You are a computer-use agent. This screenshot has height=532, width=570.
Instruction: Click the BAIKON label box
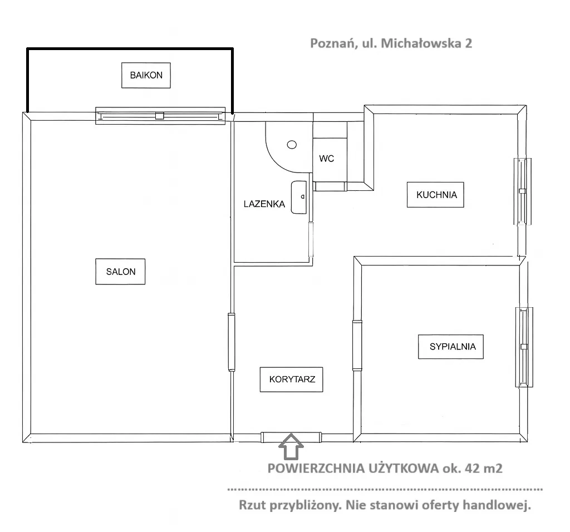[x=146, y=75]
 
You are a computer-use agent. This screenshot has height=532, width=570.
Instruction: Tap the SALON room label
[x=120, y=272]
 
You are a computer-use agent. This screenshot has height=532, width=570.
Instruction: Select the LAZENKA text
[x=264, y=204]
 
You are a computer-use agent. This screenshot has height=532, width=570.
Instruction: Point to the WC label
[x=326, y=159]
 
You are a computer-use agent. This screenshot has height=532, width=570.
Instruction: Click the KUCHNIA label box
[x=435, y=195]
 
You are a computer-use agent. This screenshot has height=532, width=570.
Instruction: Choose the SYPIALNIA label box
[x=451, y=347]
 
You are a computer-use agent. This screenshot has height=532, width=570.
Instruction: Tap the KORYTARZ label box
[x=292, y=380]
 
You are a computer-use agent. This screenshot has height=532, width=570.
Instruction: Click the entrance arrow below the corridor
[x=291, y=446]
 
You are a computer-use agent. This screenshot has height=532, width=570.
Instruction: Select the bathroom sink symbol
[x=299, y=197]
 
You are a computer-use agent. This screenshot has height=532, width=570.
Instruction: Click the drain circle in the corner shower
[x=292, y=145]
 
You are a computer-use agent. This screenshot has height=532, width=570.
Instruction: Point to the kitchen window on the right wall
[x=522, y=191]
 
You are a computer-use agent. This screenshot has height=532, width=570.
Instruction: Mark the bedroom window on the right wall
[x=524, y=347]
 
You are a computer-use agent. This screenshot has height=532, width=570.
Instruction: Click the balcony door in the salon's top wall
[x=160, y=116]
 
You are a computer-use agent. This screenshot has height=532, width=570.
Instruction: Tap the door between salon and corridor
[x=232, y=342]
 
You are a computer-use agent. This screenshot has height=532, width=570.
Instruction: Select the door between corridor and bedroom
[x=357, y=345]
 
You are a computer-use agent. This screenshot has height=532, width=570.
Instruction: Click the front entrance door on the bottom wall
[x=291, y=437]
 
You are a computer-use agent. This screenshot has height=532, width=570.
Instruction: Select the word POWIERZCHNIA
[x=316, y=468]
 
